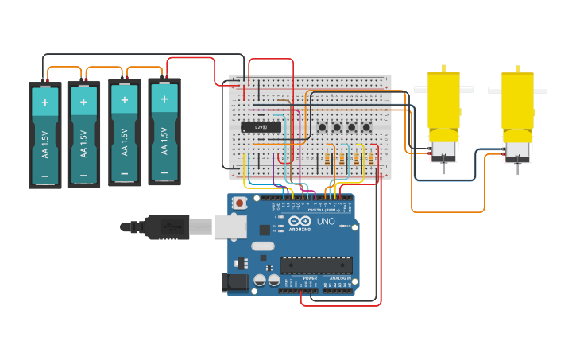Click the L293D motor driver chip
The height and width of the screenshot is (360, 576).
pyautogui.click(x=261, y=127)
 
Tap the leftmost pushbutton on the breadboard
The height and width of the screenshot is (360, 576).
pyautogui.click(x=323, y=127)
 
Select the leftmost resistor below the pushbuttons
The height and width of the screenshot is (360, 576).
pyautogui.click(x=327, y=159)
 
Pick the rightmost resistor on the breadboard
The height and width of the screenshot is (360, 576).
pyautogui.click(x=371, y=159)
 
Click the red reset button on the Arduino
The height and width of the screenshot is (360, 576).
pyautogui.click(x=238, y=203)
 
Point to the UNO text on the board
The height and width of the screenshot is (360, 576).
pyautogui.click(x=326, y=222)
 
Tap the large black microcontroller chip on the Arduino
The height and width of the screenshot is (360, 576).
pyautogui.click(x=315, y=265)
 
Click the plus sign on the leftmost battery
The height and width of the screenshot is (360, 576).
pyautogui.click(x=45, y=103)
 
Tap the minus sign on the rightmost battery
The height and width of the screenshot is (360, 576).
pyautogui.click(x=164, y=173)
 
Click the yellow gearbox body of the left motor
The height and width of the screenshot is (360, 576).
pyautogui.click(x=443, y=99)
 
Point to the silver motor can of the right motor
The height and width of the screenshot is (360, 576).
pyautogui.click(x=517, y=149)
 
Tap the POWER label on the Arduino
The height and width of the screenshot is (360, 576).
pyautogui.click(x=310, y=279)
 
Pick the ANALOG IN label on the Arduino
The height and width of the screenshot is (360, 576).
pyautogui.click(x=339, y=279)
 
